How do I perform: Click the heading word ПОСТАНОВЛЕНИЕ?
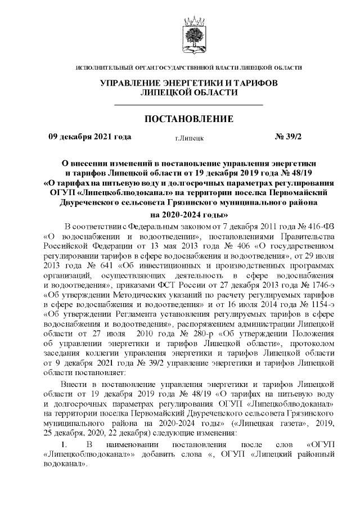click(x=189, y=119)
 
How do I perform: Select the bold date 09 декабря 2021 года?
click(x=90, y=137)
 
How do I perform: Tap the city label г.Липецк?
click(x=190, y=137)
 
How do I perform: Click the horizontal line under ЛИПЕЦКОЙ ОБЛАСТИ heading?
click(x=189, y=105)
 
